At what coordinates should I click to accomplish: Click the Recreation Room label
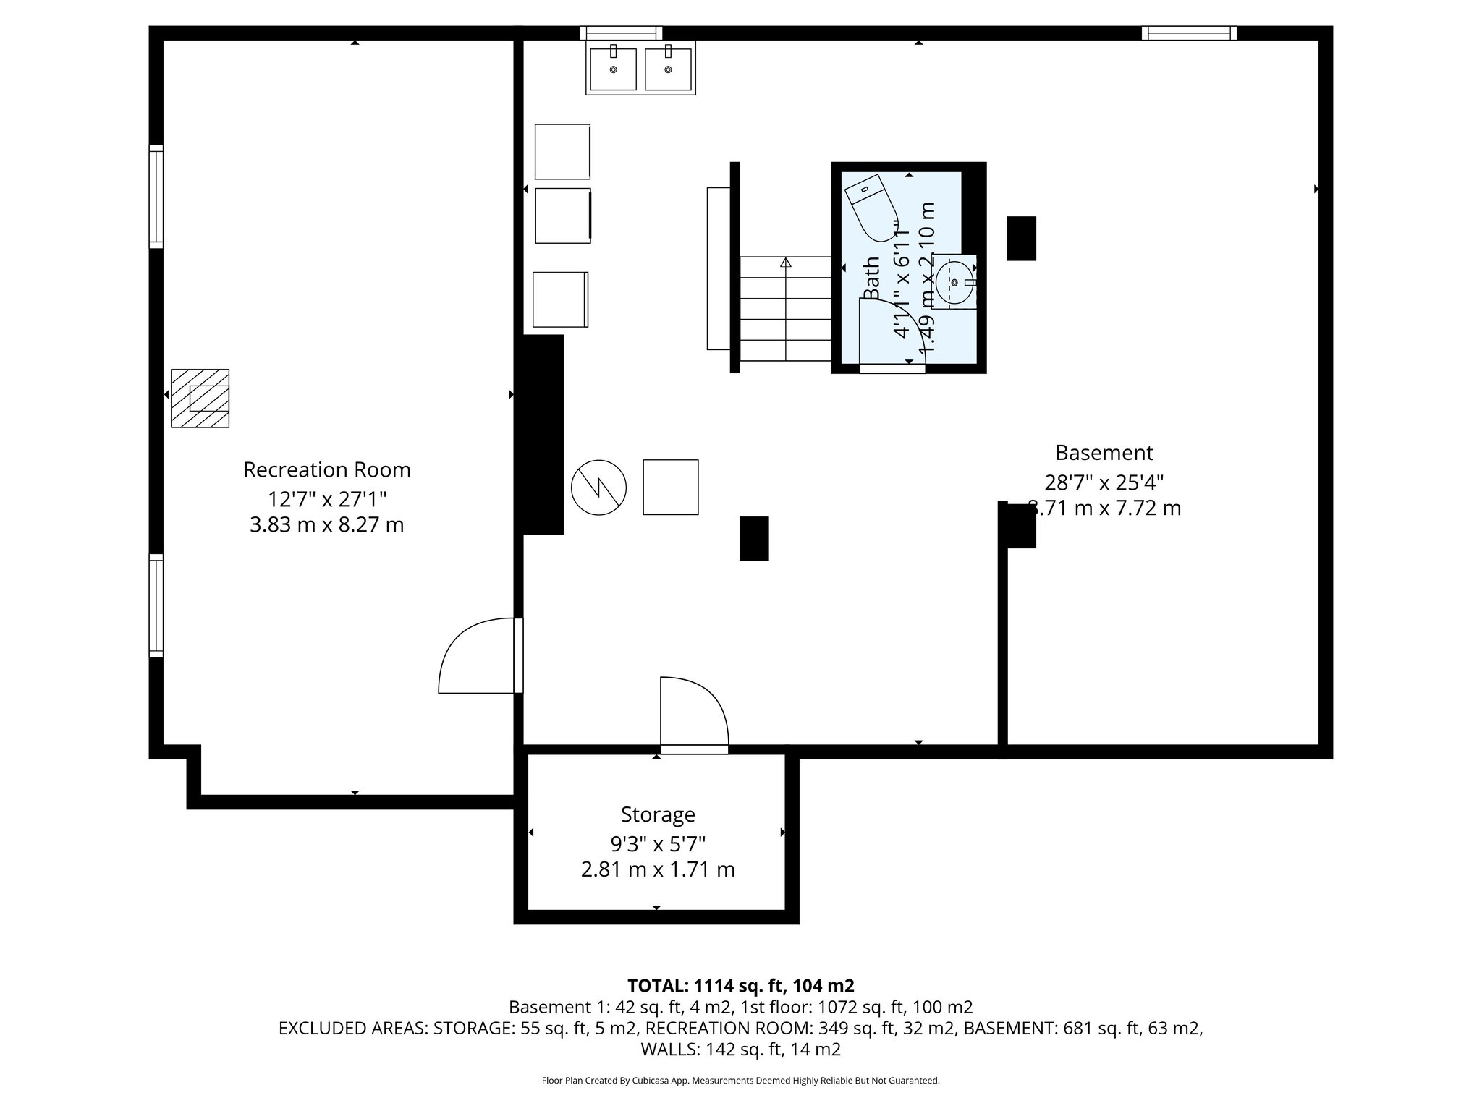pyautogui.click(x=326, y=470)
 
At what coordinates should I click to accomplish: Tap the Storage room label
pyautogui.click(x=657, y=814)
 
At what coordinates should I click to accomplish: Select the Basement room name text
pyautogui.click(x=1104, y=453)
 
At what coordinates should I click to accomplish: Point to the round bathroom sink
pyautogui.click(x=954, y=283)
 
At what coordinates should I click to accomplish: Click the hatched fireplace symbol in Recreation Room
pyautogui.click(x=200, y=399)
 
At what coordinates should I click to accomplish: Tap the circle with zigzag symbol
pyautogui.click(x=598, y=488)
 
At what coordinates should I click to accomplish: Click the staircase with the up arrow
pyautogui.click(x=785, y=308)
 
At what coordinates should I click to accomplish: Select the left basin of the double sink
pyautogui.click(x=613, y=69)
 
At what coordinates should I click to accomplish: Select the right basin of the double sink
pyautogui.click(x=668, y=69)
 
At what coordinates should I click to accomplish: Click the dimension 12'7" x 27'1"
pyautogui.click(x=327, y=499)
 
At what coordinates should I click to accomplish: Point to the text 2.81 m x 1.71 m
pyautogui.click(x=657, y=869)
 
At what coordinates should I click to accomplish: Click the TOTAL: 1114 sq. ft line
pyautogui.click(x=740, y=986)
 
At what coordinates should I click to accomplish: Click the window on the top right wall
pyautogui.click(x=1189, y=33)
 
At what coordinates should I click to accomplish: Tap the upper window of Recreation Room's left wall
pyautogui.click(x=156, y=197)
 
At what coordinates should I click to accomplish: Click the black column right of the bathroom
pyautogui.click(x=1021, y=239)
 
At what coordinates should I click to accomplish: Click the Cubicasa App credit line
pyautogui.click(x=740, y=1081)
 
